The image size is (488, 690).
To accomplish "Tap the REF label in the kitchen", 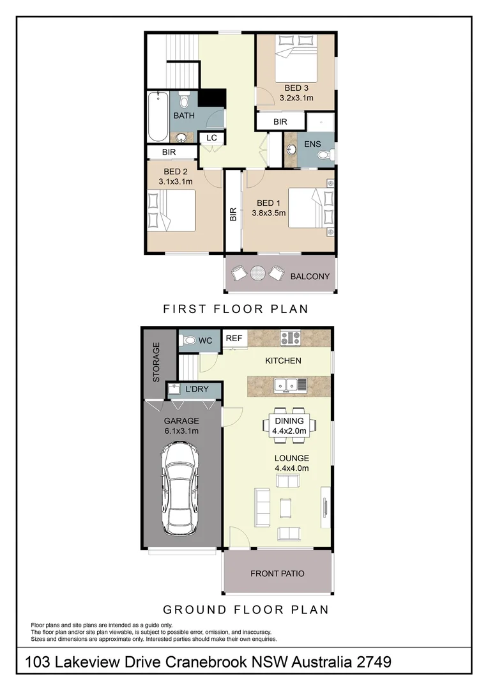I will tap(234, 339).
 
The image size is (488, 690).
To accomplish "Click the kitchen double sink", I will tap(291, 385).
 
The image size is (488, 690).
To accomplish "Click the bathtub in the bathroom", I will tap(158, 118).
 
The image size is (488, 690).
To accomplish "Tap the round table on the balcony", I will tap(257, 273).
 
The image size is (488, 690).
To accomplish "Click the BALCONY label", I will tap(310, 277).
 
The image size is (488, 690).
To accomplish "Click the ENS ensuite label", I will tap(312, 144).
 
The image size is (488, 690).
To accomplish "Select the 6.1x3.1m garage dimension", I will tap(181, 431).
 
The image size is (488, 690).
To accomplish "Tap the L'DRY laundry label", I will tap(197, 389).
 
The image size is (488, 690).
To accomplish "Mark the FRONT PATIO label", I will tap(277, 573).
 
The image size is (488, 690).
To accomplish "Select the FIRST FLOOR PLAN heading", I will tap(236, 309).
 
